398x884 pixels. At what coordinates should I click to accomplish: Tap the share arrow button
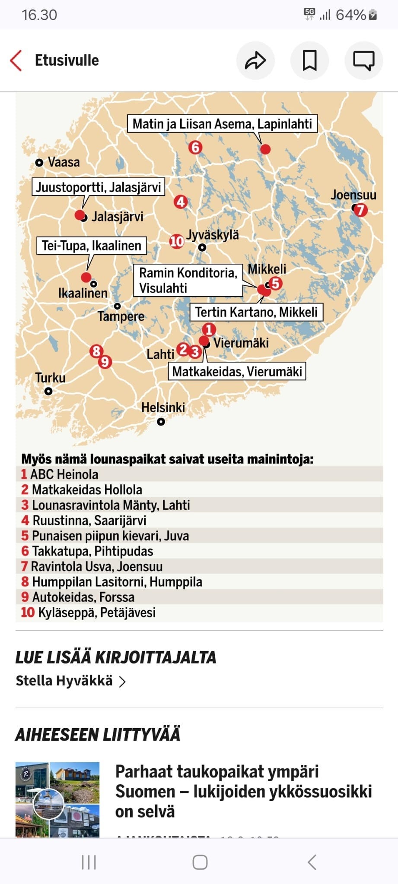coord(255,60)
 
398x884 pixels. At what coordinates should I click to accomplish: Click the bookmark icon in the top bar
coord(309,60)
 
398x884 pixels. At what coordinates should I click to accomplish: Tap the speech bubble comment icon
coord(364,60)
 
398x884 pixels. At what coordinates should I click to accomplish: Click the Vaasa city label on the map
coord(64,162)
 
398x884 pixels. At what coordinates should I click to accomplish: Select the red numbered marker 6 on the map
coord(195,148)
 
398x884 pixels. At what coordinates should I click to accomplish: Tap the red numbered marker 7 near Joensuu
coord(360,210)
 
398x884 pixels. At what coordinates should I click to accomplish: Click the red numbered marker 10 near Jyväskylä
coord(176,241)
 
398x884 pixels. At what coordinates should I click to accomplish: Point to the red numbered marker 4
coord(181,202)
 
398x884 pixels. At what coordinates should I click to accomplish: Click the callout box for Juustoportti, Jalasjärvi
coord(98,187)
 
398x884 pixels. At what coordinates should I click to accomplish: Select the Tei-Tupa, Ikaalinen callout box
coord(92,246)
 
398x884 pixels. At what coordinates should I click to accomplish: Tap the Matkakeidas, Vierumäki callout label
coord(237,371)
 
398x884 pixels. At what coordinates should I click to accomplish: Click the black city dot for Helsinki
coord(161,422)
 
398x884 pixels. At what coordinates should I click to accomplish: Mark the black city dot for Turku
coord(48,391)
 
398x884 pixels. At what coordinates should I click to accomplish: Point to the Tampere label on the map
coord(121,316)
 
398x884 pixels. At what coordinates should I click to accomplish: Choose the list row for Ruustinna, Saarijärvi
coord(89,521)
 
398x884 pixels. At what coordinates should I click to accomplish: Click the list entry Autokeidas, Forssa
coord(83,597)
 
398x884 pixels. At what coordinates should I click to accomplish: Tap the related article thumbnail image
coord(57,799)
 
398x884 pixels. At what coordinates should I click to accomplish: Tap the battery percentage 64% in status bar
coord(350,15)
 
